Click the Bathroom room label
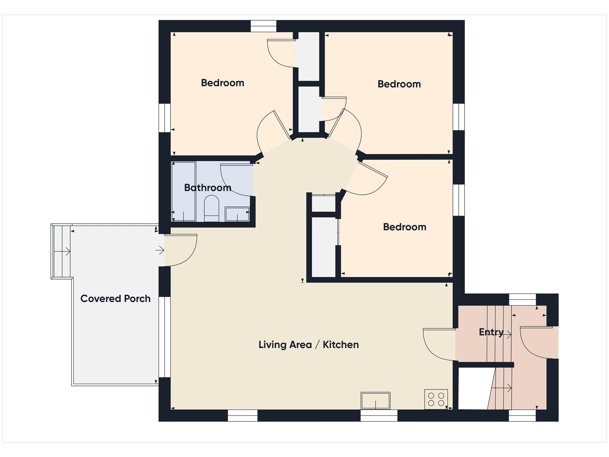tap(208, 188)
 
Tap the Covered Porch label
tap(116, 299)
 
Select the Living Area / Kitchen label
tap(308, 345)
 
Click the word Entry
tap(491, 332)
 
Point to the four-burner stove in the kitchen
tap(436, 399)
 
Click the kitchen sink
tap(375, 401)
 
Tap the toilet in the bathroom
tap(212, 208)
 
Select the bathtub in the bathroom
tap(184, 192)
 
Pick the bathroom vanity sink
tap(237, 214)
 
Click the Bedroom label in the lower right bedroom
tap(405, 227)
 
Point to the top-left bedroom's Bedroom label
tap(223, 83)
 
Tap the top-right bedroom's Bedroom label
tap(399, 84)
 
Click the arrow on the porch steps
tap(62, 251)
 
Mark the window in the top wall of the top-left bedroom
tap(263, 26)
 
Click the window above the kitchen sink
tap(379, 415)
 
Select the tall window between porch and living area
tap(165, 337)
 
